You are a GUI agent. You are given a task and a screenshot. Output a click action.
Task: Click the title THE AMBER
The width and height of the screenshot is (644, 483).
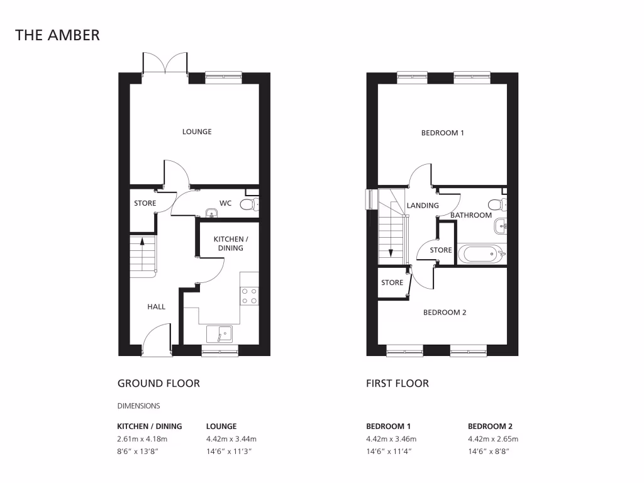(x=57, y=35)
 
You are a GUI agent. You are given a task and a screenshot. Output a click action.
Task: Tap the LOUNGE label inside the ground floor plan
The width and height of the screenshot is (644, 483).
(x=197, y=131)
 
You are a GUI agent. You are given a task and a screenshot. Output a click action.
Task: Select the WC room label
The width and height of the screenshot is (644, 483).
(x=226, y=203)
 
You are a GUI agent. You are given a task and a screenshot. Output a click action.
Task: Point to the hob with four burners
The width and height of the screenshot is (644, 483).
(x=249, y=296)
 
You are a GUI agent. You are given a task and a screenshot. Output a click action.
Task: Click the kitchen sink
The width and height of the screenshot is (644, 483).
(x=220, y=333)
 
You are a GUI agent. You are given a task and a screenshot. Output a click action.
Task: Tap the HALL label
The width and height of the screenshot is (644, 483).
(x=156, y=306)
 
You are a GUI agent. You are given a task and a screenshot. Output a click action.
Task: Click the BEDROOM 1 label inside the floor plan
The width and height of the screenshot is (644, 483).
(x=442, y=133)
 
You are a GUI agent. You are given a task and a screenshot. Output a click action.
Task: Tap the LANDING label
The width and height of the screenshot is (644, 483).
(x=423, y=206)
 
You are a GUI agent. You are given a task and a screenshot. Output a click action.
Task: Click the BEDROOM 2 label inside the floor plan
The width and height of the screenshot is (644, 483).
(x=444, y=313)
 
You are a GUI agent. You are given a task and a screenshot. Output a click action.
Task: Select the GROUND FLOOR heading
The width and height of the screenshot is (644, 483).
(x=158, y=383)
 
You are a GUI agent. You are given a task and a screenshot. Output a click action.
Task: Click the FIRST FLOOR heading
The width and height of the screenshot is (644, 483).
(x=397, y=383)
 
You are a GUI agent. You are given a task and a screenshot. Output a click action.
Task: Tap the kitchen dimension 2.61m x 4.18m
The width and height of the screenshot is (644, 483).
(x=143, y=439)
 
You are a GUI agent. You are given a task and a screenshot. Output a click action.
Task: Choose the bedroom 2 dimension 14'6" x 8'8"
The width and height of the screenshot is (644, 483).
(x=488, y=452)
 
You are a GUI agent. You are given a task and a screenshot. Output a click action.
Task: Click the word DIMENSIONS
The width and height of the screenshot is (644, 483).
(x=138, y=406)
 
